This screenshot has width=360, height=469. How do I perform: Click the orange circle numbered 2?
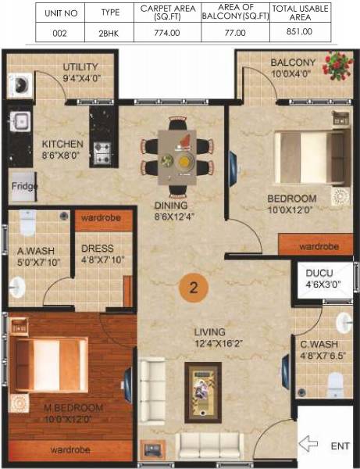point(194,286)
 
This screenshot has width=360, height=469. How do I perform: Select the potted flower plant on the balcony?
point(337,65)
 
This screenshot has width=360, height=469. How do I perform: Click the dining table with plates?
point(178,157)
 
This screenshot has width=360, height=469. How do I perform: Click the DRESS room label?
point(97,249)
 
